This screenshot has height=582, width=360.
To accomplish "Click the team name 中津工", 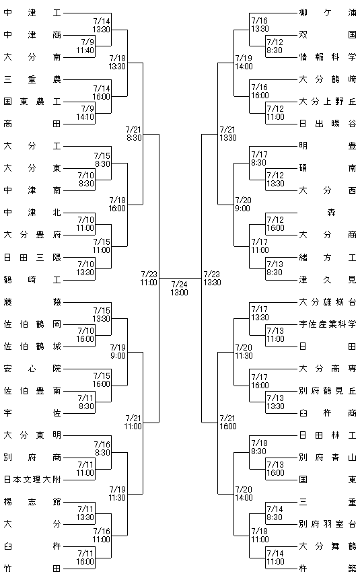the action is tap(32, 13).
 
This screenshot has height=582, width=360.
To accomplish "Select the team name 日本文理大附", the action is tap(32, 480).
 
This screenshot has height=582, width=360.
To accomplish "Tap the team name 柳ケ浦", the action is tap(328, 13).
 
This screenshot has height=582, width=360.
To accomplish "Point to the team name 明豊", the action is tap(328, 146).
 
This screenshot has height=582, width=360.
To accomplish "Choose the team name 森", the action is tap(332, 213).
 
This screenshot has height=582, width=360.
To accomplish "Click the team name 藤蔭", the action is tap(32, 301).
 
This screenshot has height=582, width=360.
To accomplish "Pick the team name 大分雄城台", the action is tap(328, 301).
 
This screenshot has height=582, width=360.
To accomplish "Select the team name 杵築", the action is tap(328, 569).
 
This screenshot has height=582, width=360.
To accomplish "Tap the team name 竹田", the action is tap(32, 569).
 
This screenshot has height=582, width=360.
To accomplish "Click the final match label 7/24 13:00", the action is tap(180, 289).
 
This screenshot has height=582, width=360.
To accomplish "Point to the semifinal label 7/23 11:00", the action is tap(149, 279).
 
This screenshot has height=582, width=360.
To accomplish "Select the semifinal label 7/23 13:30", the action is tap(212, 279).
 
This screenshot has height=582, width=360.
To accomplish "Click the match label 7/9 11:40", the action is tap(85, 46).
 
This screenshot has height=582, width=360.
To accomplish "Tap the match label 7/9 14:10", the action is tap(85, 113).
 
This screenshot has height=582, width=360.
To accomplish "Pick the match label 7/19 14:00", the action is tap(244, 63).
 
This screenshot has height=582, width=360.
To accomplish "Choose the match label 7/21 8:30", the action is tap(134, 134).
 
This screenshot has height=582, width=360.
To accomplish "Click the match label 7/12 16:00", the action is tap(275, 224).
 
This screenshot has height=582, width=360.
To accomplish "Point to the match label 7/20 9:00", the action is tap(243, 205).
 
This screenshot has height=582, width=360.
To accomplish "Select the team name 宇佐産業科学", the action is tap(328, 324).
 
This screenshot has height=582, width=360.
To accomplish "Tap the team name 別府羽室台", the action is tap(328, 524).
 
